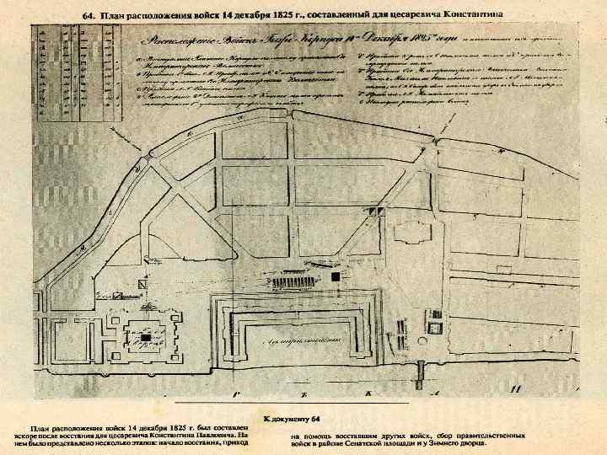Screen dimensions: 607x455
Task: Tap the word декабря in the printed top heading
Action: (x=251, y=15)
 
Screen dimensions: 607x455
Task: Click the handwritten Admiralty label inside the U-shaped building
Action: (x=293, y=338)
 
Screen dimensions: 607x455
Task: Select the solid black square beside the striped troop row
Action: (x=337, y=276)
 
